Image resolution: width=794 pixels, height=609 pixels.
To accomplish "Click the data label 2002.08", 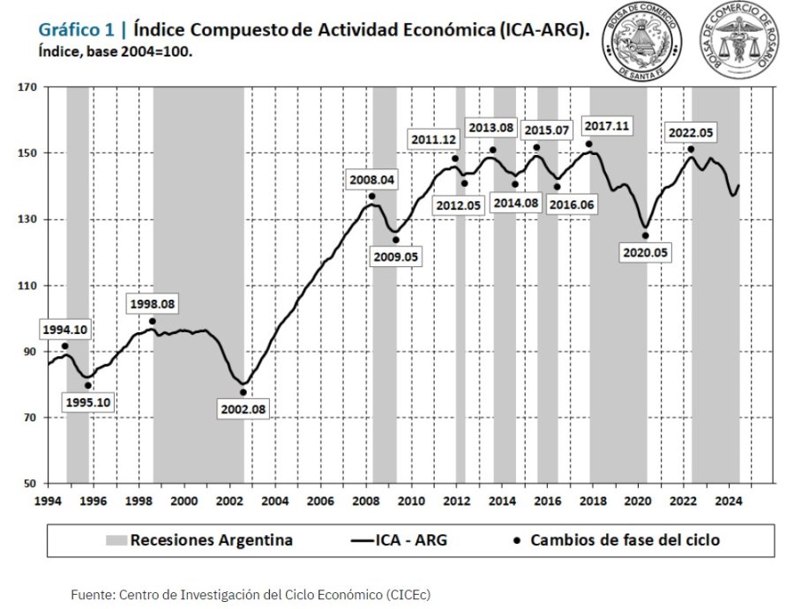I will [x=242, y=410].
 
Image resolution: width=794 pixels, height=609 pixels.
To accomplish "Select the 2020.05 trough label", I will [x=645, y=252].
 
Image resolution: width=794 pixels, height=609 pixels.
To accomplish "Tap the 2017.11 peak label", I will [x=606, y=126].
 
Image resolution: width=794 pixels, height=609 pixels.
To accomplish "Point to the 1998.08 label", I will [x=153, y=304].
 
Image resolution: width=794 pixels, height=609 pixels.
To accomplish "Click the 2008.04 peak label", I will [x=372, y=180].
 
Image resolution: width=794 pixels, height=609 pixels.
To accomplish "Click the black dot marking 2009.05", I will [x=396, y=240].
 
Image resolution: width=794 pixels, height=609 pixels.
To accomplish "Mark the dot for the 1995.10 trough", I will [x=88, y=385].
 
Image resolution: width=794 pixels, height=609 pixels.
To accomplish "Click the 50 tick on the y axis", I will [x=29, y=484].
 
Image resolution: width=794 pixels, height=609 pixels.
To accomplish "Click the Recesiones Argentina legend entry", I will [x=198, y=540].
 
